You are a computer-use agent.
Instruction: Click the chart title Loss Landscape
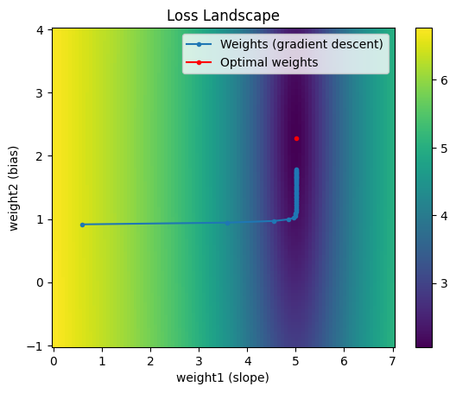point(223,16)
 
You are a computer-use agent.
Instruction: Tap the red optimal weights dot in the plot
point(296,139)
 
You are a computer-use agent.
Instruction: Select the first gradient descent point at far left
point(82,225)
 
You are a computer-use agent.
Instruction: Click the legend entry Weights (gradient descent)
point(301,45)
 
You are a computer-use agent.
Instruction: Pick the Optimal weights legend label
point(269,62)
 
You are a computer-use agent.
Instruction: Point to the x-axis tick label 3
point(199,361)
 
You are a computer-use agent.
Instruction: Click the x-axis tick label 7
point(392,361)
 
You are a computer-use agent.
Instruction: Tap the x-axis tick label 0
point(54,361)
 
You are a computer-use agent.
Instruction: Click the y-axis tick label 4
point(41,30)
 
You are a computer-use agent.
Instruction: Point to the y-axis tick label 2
point(41,156)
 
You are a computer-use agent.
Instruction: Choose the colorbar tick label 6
point(444,80)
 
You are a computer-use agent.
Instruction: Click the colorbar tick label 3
point(444,283)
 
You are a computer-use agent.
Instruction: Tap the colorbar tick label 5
point(444,149)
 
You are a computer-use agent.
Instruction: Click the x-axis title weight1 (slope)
point(223,377)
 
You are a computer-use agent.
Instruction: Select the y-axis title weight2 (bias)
point(13,188)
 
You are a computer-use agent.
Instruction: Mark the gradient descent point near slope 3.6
point(227,223)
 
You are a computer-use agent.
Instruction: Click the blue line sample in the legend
point(199,45)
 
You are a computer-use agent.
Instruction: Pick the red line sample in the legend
point(199,62)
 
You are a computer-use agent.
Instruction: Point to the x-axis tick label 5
point(295,361)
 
